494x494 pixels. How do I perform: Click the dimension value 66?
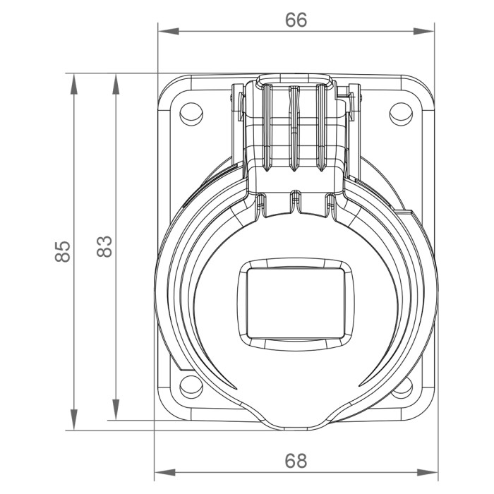click(x=296, y=20)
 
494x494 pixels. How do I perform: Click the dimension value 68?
click(x=296, y=461)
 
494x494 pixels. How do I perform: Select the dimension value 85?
click(x=63, y=251)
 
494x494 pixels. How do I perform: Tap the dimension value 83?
click(x=104, y=246)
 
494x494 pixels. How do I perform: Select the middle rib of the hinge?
click(x=294, y=127)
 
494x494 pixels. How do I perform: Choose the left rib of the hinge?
click(x=267, y=127)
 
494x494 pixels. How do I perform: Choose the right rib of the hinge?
click(x=321, y=127)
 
